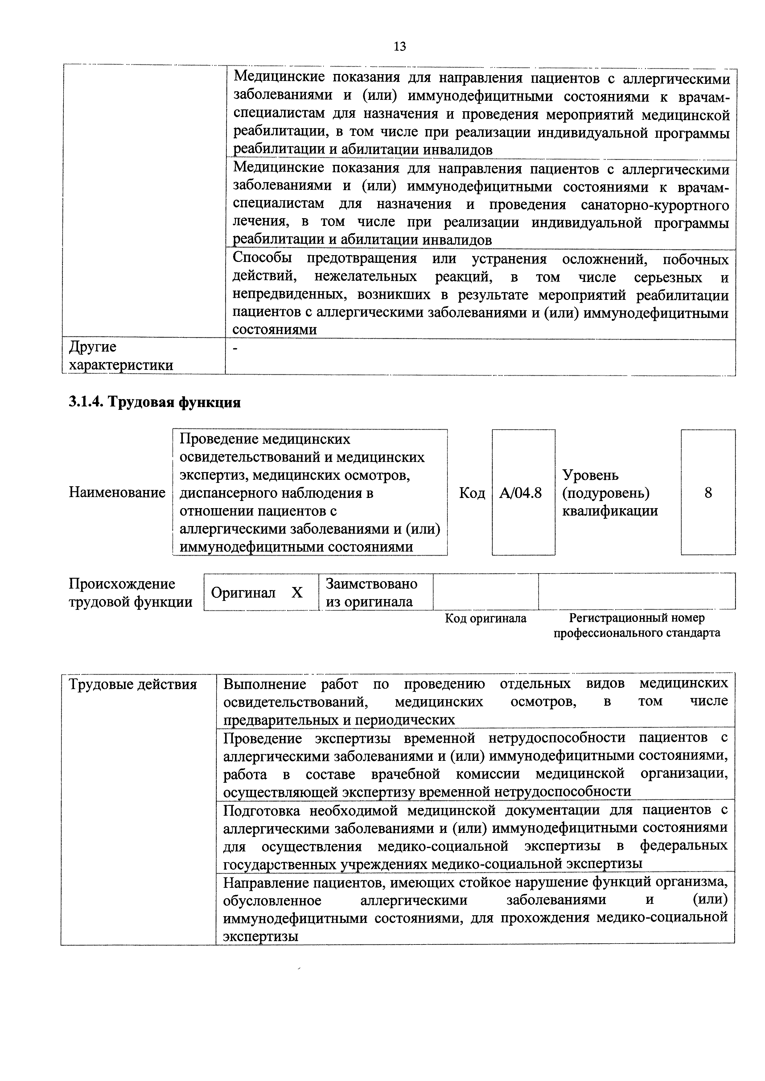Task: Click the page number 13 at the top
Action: (399, 47)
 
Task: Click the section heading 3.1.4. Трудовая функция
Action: (154, 402)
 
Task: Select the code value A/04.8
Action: (520, 493)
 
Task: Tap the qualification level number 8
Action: (708, 493)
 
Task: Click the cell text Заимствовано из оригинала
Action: (371, 592)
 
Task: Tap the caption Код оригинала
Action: (485, 618)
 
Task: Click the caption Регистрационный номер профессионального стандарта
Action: (636, 625)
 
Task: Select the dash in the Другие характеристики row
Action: (236, 349)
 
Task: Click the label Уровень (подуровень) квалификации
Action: (610, 493)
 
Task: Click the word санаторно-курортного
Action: (655, 205)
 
